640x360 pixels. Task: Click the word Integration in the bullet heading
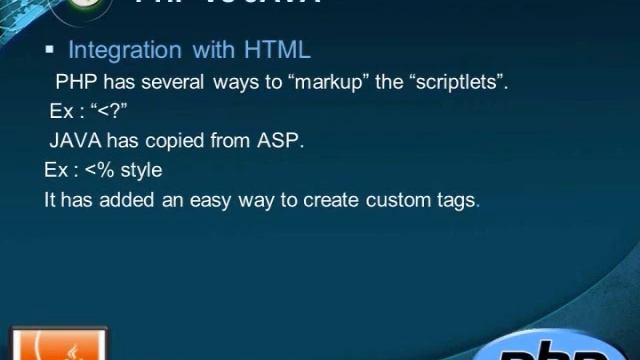[125, 49]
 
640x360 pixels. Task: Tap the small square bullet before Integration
[49, 50]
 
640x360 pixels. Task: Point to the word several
[174, 82]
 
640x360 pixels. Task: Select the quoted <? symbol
[107, 111]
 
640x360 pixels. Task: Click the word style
[141, 170]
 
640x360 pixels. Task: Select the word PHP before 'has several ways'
[76, 82]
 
